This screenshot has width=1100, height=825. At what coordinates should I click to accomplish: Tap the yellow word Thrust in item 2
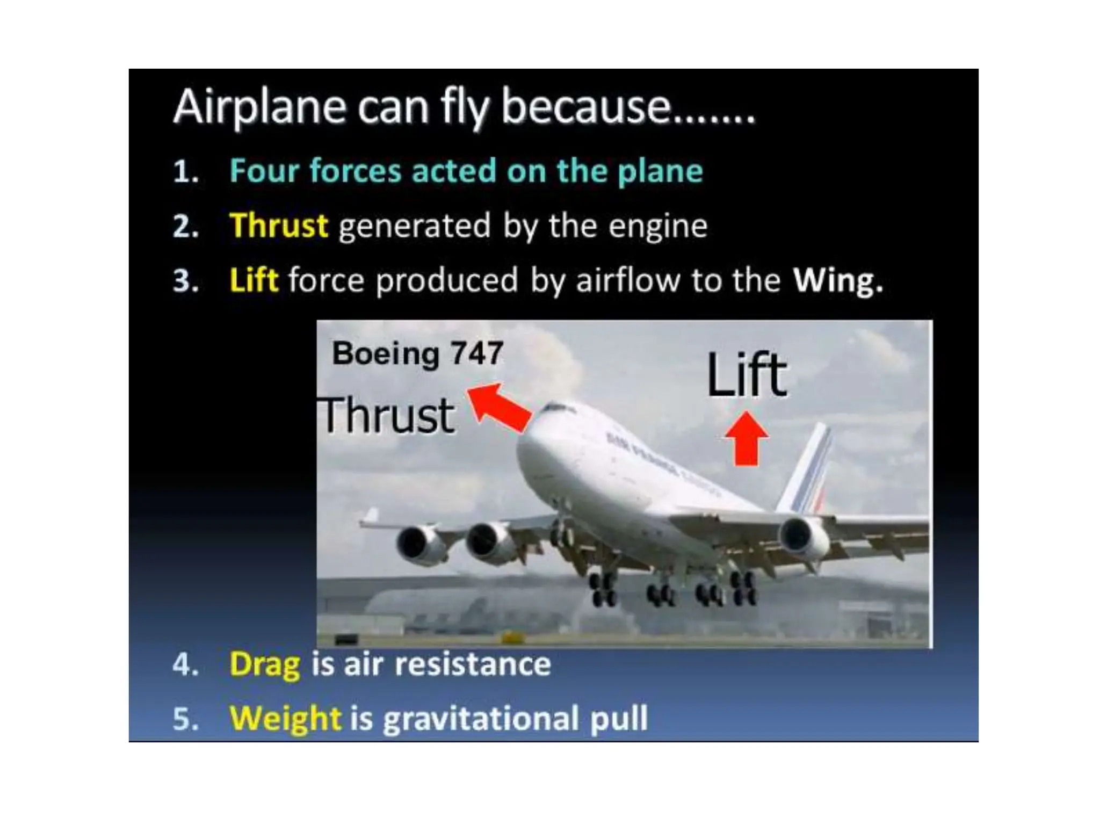click(278, 225)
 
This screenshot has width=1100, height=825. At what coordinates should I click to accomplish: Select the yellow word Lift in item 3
click(254, 280)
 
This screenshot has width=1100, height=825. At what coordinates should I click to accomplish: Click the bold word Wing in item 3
click(837, 280)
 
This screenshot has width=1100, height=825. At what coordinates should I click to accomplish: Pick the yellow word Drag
click(264, 664)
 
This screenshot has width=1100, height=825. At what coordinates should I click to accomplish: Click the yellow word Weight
click(285, 718)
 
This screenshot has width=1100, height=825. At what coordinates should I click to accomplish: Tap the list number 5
click(185, 719)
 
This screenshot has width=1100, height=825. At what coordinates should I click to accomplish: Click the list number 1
click(185, 172)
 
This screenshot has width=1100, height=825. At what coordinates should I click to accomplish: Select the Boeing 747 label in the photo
click(417, 354)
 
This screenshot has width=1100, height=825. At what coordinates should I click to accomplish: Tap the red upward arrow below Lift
click(747, 438)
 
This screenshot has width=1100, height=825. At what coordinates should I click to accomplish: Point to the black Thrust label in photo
click(387, 415)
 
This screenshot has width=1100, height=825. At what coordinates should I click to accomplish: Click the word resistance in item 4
click(473, 664)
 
